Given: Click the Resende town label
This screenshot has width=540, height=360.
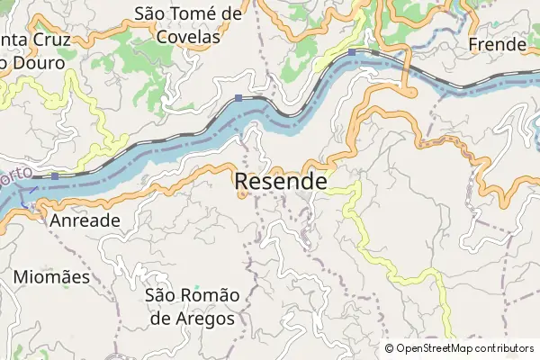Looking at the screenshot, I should pyautogui.click(x=281, y=181).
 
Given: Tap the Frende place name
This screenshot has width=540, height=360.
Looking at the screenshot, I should pyautogui.click(x=497, y=44).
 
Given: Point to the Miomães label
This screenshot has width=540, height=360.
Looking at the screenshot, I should pyautogui.click(x=51, y=277).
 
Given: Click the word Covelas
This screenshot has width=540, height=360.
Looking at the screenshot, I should pyautogui.click(x=188, y=37).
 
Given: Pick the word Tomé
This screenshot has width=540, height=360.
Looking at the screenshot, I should pyautogui.click(x=201, y=13).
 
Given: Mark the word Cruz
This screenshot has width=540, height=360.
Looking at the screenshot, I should pyautogui.click(x=50, y=40).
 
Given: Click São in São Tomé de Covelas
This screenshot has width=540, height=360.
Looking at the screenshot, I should pyautogui.click(x=153, y=13).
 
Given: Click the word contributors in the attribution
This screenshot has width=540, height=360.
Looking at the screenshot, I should pyautogui.click(x=505, y=348).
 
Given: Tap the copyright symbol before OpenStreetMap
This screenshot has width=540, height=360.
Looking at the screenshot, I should pyautogui.click(x=390, y=348).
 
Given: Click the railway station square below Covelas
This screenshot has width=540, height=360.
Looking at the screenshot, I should pyautogui.click(x=238, y=97).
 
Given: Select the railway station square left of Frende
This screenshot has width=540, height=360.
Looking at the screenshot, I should pyautogui.click(x=351, y=52).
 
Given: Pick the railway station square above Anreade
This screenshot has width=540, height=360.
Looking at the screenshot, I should pyautogui.click(x=55, y=175).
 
